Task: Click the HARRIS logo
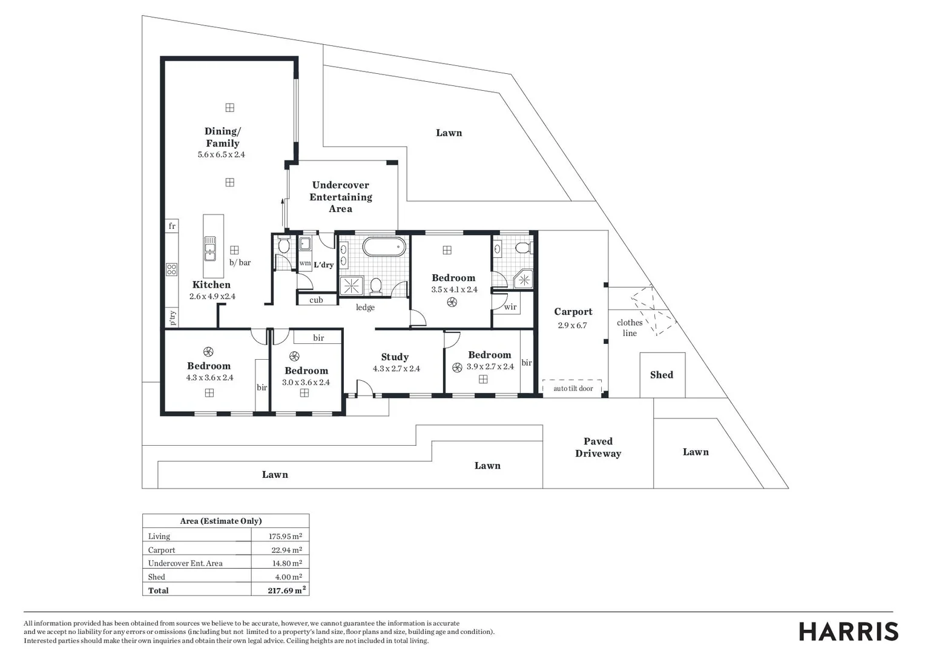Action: (x=848, y=632)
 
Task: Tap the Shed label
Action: (x=661, y=375)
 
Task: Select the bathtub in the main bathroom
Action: (x=384, y=247)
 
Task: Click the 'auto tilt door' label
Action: (x=573, y=388)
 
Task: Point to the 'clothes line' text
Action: (x=630, y=328)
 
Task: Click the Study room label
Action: (x=395, y=357)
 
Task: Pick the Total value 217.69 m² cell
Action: (x=286, y=590)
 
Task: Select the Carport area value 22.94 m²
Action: (x=286, y=550)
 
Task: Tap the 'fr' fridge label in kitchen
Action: (x=172, y=226)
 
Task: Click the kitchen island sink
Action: (x=210, y=248)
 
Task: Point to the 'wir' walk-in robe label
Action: (x=510, y=307)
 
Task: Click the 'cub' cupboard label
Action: (x=316, y=300)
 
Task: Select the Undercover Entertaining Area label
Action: (x=340, y=197)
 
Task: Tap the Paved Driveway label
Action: (x=598, y=448)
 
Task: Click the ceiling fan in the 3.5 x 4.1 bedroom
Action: (x=451, y=302)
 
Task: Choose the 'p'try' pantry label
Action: (x=173, y=317)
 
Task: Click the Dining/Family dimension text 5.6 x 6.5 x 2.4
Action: (x=221, y=154)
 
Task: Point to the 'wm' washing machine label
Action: (x=305, y=263)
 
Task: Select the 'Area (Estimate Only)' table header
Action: (x=221, y=521)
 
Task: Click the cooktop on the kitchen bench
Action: (x=171, y=269)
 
